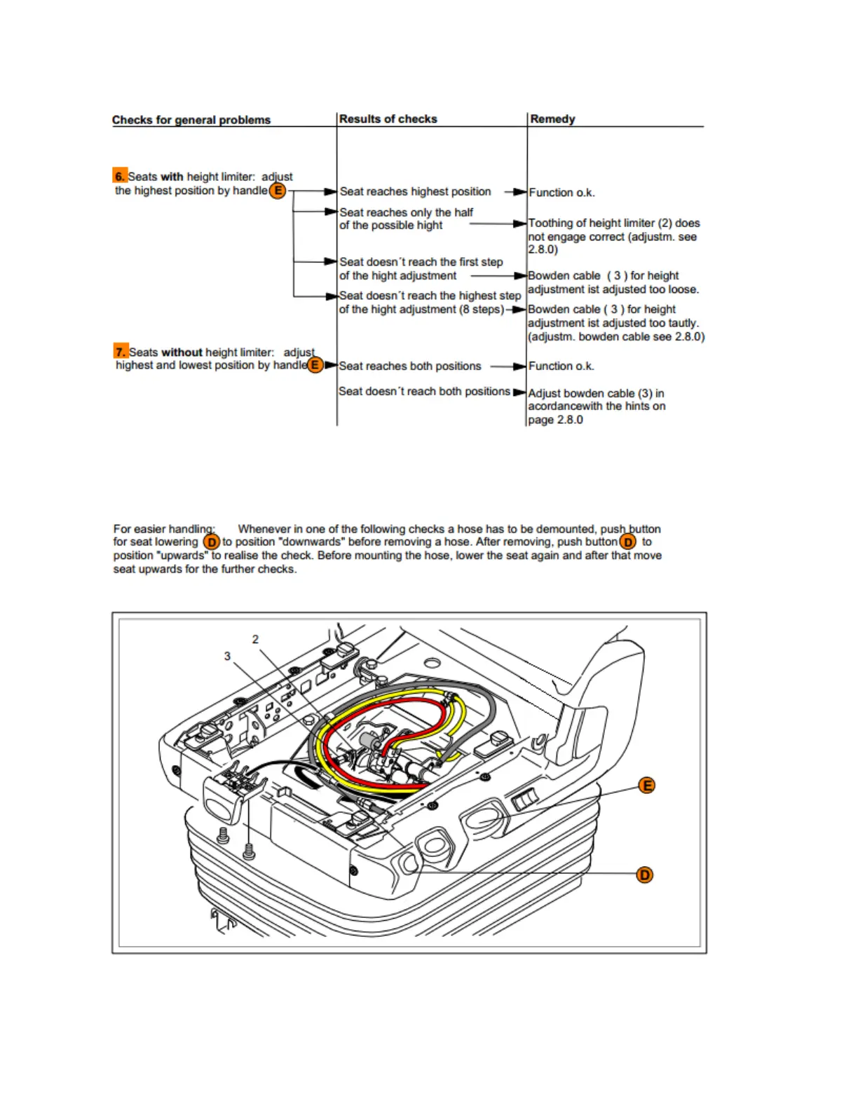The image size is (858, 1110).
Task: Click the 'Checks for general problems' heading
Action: tap(191, 120)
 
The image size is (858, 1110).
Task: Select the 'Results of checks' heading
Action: tap(388, 119)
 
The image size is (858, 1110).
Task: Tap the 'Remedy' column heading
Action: tap(552, 119)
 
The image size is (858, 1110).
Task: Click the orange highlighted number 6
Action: tap(120, 176)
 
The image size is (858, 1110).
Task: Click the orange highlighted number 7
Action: tap(121, 352)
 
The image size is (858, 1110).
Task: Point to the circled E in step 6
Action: tap(278, 191)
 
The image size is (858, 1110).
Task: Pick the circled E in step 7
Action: tap(315, 365)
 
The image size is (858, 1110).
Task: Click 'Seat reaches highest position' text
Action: tap(415, 191)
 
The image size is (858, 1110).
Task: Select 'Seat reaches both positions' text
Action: tap(410, 366)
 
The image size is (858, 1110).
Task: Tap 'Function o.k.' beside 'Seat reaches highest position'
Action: tap(561, 192)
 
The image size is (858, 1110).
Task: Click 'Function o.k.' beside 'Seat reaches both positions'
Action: tap(561, 366)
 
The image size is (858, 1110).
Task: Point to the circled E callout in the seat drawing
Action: tap(647, 786)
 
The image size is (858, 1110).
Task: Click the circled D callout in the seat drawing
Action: tap(644, 875)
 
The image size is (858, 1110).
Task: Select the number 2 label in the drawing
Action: tap(255, 639)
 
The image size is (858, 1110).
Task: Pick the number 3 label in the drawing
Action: tap(227, 656)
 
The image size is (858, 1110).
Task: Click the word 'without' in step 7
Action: tap(182, 352)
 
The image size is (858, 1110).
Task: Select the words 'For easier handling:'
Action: tap(165, 528)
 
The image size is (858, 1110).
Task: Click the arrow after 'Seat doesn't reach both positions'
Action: tap(519, 392)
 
